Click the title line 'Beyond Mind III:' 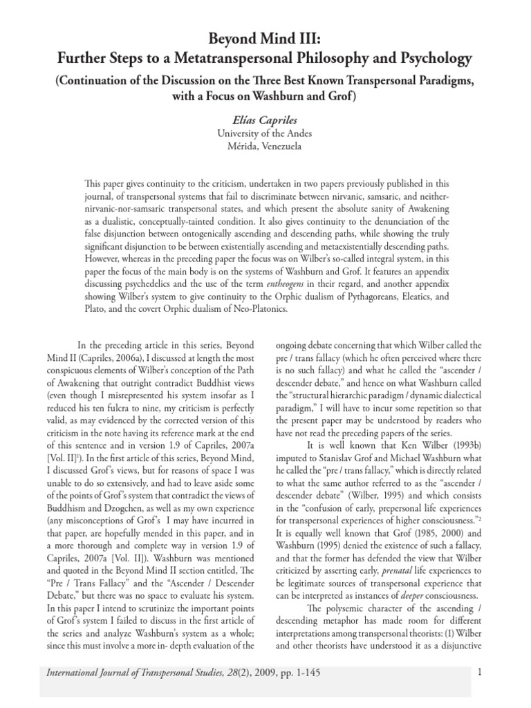(x=265, y=37)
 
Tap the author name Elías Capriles (x=265, y=121)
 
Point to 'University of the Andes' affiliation (x=265, y=134)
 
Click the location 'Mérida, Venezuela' (x=265, y=147)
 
